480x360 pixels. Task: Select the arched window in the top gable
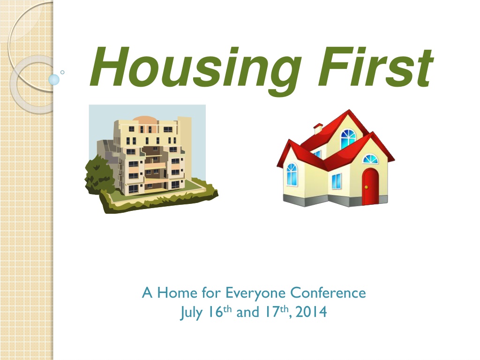click(348, 139)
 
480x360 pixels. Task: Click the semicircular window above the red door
click(370, 159)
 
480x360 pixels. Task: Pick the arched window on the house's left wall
click(292, 174)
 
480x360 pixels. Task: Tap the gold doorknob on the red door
click(366, 187)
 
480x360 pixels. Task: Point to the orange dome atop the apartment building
click(145, 119)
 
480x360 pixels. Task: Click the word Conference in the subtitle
click(328, 292)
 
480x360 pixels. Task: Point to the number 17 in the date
click(272, 312)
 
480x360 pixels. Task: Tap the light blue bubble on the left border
click(54, 80)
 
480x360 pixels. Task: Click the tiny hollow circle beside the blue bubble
click(62, 72)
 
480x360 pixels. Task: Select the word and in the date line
click(248, 312)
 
